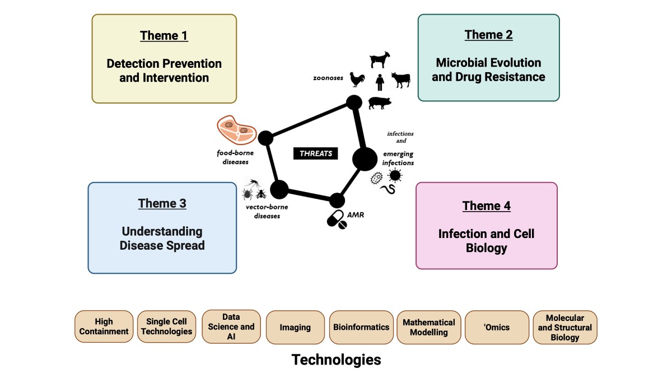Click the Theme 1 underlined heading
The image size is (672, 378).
(164, 36)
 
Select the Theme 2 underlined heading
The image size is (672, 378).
(488, 35)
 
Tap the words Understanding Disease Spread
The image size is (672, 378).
(161, 239)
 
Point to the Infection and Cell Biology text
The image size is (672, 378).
(486, 241)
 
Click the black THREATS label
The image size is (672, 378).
(316, 153)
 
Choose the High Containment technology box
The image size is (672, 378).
(104, 326)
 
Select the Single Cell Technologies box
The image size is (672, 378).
(166, 326)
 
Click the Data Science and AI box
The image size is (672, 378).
(231, 326)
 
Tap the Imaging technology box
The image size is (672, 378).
(295, 327)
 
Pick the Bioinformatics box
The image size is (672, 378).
(361, 327)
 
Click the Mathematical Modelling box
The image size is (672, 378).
(429, 327)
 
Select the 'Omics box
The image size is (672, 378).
(497, 327)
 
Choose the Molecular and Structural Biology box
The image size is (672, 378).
(564, 327)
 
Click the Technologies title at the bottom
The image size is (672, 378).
(336, 360)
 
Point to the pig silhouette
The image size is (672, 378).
(380, 103)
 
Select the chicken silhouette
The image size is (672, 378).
(357, 80)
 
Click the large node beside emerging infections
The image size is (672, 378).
(365, 159)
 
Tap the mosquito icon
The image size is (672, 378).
(253, 183)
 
